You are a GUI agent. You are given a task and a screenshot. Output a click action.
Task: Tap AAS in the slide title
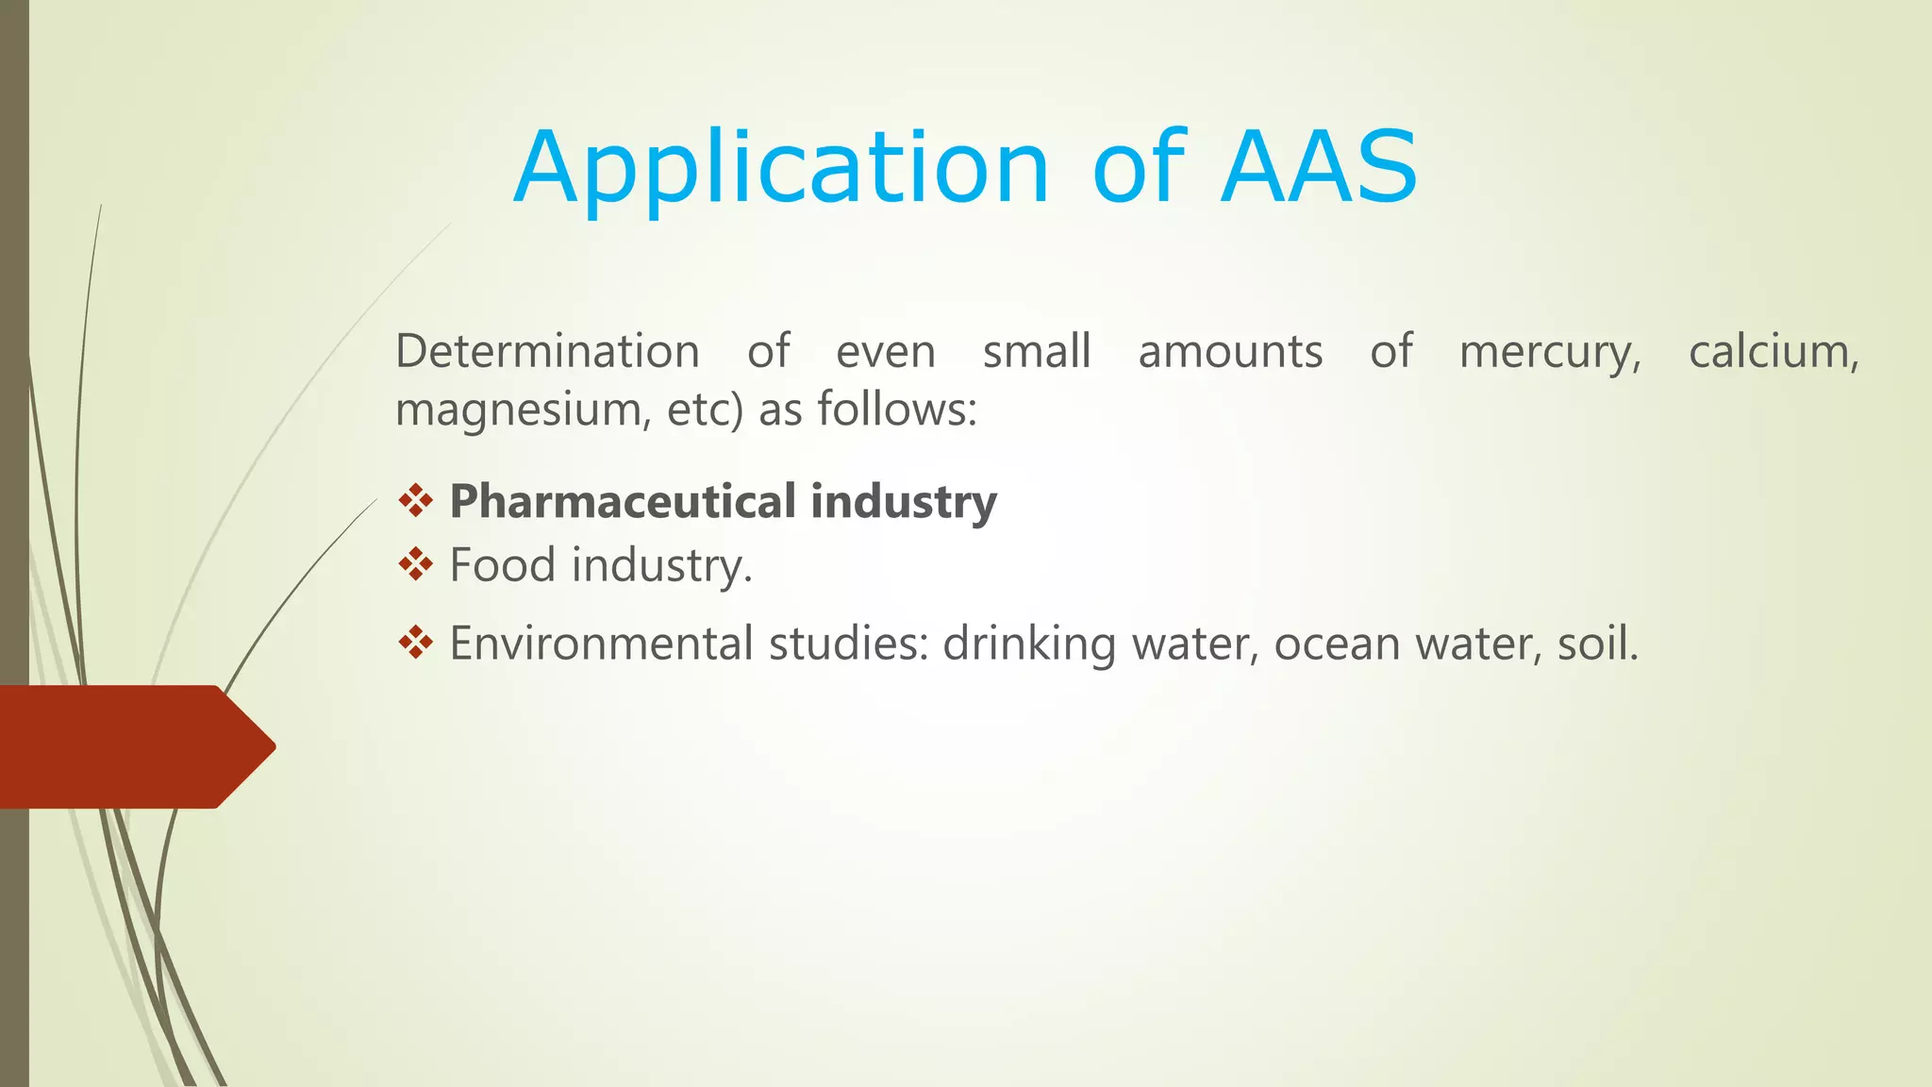(1319, 168)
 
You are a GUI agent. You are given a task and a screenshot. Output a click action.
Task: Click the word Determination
(547, 352)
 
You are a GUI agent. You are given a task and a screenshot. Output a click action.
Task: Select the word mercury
(1549, 353)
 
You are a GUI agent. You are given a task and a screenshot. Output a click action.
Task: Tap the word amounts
(1230, 352)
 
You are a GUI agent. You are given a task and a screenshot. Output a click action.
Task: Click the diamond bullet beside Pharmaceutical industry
(415, 501)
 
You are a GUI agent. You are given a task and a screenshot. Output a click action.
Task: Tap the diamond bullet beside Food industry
(415, 565)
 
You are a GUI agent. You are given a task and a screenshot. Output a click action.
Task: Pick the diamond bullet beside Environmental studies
(415, 644)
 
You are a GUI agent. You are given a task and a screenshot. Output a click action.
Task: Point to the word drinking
(1028, 644)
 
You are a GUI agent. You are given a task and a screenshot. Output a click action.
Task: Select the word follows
(896, 410)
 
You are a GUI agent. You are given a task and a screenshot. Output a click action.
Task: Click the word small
(1037, 352)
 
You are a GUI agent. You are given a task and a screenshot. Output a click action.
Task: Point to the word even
(885, 352)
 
